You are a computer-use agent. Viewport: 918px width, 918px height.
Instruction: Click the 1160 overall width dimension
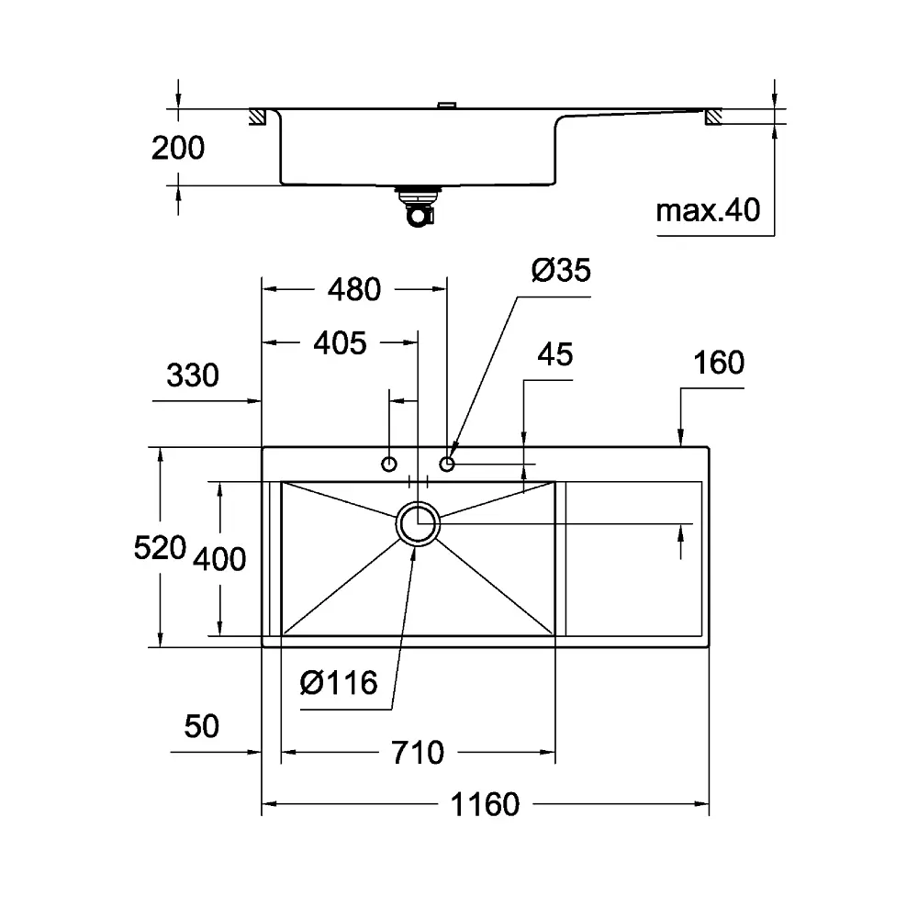pyautogui.click(x=485, y=804)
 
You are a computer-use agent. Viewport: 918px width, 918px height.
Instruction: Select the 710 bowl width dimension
pyautogui.click(x=418, y=753)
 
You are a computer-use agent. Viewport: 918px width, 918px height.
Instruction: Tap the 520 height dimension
pyautogui.click(x=160, y=548)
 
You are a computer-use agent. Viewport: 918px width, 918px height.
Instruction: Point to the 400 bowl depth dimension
pyautogui.click(x=219, y=558)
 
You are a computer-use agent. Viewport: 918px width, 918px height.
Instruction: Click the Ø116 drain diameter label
pyautogui.click(x=339, y=683)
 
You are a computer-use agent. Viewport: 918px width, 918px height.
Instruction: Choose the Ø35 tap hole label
pyautogui.click(x=561, y=271)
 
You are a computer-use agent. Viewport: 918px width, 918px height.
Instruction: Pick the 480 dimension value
pyautogui.click(x=354, y=289)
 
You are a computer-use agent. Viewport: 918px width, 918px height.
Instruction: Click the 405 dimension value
pyautogui.click(x=341, y=343)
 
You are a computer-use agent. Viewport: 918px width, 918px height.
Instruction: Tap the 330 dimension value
pyautogui.click(x=193, y=375)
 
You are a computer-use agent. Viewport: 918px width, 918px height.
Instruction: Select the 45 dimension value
pyautogui.click(x=555, y=354)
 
